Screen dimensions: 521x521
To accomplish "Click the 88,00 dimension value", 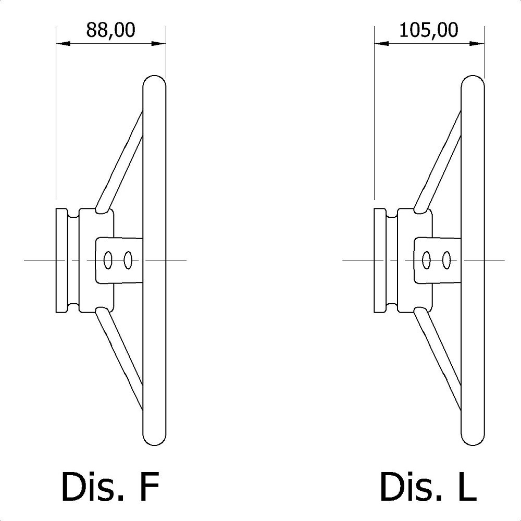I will click(110, 30).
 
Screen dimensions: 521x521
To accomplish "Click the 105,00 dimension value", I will click(429, 30).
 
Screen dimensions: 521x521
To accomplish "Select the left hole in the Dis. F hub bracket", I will click(108, 260).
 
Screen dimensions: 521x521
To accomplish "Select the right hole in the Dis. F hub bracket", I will click(128, 260).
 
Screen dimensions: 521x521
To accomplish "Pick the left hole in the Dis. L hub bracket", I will click(426, 260).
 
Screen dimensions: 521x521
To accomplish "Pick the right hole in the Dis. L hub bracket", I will click(446, 260).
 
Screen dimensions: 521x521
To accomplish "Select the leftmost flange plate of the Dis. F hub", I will click(62, 260).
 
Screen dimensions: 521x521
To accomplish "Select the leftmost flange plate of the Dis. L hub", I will click(380, 260).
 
